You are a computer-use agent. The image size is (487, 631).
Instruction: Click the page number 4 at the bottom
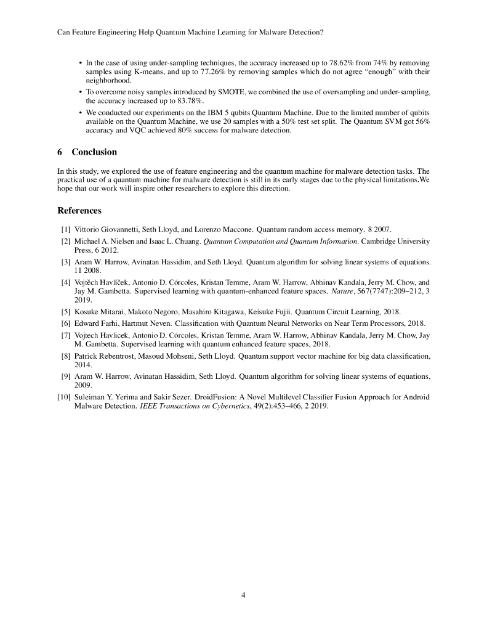[244, 595]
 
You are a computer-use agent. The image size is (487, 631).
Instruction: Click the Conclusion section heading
[94, 152]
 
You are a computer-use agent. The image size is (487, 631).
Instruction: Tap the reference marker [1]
[66, 228]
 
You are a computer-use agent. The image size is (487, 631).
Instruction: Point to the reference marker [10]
[64, 397]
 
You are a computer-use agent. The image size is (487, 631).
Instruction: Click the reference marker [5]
[66, 311]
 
